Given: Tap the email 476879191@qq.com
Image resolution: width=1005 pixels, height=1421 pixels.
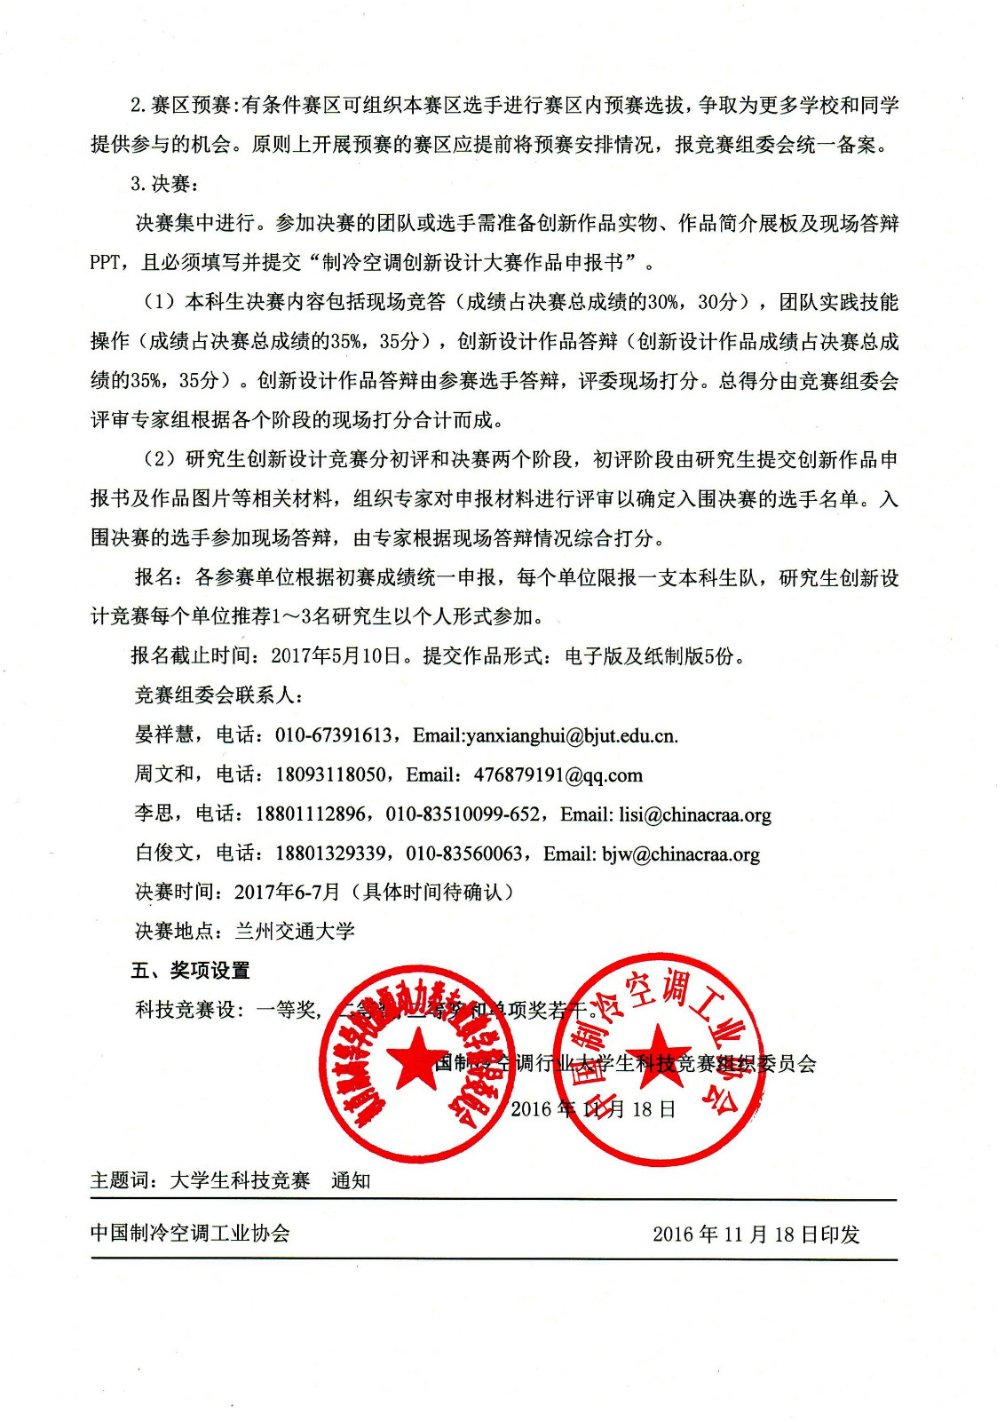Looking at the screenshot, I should pyautogui.click(x=558, y=775).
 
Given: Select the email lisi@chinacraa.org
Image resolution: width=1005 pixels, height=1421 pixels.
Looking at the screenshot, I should pyautogui.click(x=694, y=815).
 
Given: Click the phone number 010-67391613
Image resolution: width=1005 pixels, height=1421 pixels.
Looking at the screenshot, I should pyautogui.click(x=334, y=735).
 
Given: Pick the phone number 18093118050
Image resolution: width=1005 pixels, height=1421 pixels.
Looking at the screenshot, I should pyautogui.click(x=330, y=775).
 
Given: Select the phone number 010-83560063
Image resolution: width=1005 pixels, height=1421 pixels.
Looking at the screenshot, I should pyautogui.click(x=464, y=854).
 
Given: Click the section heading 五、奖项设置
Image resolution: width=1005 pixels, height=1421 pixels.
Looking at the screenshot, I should pyautogui.click(x=191, y=971).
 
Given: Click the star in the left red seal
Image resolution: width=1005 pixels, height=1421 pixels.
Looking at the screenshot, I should pyautogui.click(x=415, y=1062).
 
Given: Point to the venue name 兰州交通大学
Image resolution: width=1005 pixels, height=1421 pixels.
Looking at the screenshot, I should pyautogui.click(x=295, y=932).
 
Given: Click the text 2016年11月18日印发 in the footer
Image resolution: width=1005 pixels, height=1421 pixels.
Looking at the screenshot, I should pyautogui.click(x=756, y=1234).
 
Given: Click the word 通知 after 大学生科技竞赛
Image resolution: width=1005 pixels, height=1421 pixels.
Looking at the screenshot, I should pyautogui.click(x=351, y=1181).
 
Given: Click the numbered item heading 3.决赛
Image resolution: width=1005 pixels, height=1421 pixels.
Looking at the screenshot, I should pyautogui.click(x=164, y=184).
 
